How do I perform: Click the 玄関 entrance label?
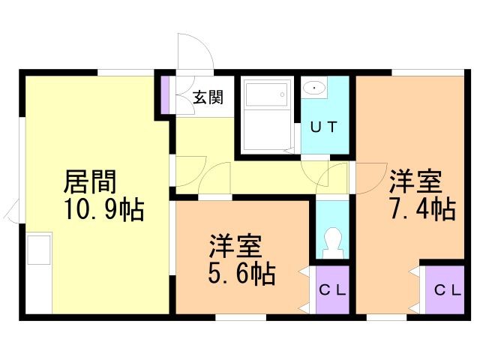(x=206, y=97)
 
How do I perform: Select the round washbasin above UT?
(x=314, y=88)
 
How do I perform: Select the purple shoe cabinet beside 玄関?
(x=165, y=94)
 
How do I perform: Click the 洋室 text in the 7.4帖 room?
(x=415, y=182)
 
